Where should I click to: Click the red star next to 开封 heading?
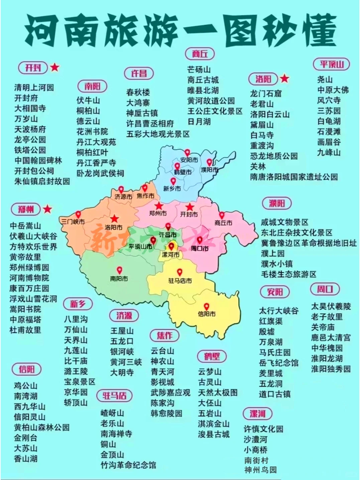point(55,67)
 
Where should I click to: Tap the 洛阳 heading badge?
point(263,79)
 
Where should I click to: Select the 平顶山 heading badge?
point(331,64)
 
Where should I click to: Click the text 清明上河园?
point(34,88)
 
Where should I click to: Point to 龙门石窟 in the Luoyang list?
point(266,94)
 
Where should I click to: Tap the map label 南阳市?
point(119,278)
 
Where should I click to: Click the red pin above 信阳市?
point(207,306)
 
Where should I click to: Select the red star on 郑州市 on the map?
point(158,206)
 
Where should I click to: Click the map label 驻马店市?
point(180,281)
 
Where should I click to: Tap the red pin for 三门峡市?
point(78,214)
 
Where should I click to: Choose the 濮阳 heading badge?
point(276,203)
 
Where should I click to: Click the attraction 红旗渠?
point(271,321)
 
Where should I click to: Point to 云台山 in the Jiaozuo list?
point(162,351)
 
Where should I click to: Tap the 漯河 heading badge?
point(257,414)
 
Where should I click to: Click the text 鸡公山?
point(25,385)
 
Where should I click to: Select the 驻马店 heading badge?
point(114,395)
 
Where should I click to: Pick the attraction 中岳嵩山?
point(25,226)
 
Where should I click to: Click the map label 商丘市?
point(223,223)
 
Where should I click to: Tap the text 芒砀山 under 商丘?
point(199,69)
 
